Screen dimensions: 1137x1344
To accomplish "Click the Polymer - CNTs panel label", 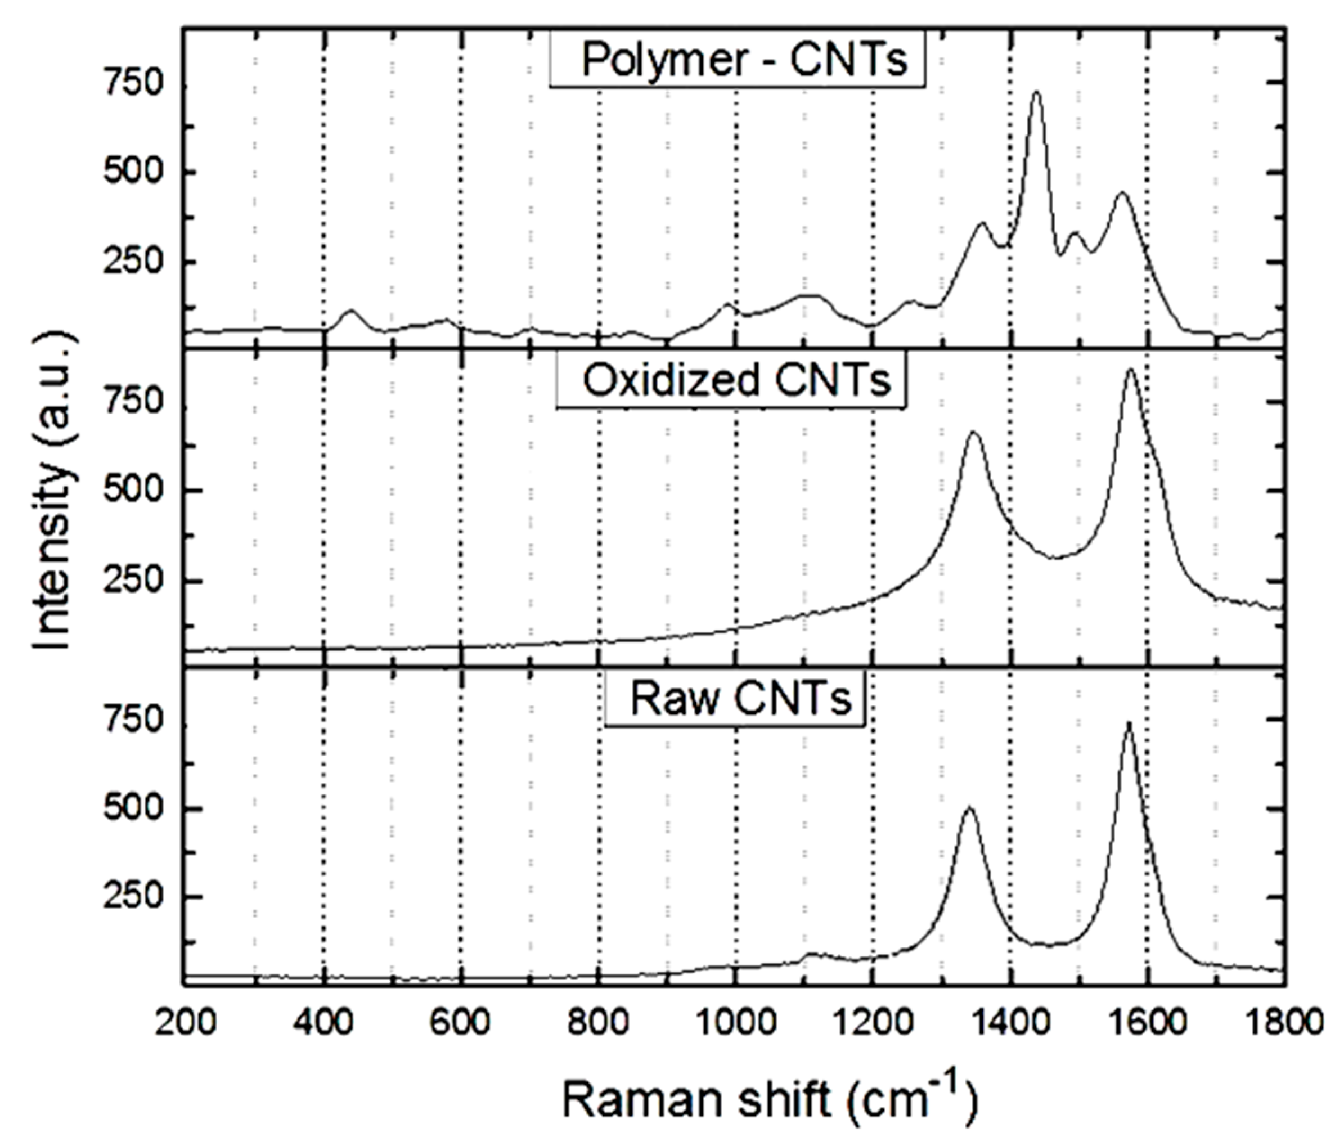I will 737,59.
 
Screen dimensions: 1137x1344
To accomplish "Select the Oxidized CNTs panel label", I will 730,380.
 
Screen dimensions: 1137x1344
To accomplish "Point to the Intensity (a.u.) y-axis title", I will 54,491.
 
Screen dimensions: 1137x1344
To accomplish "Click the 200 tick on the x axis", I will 186,1023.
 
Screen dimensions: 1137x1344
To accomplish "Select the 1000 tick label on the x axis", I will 736,1023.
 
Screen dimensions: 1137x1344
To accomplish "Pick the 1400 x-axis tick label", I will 1010,1023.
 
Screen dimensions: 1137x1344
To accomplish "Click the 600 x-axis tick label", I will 461,1023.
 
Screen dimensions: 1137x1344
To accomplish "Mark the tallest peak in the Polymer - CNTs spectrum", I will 1036,93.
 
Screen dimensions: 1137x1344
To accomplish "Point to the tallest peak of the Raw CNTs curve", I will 1128,722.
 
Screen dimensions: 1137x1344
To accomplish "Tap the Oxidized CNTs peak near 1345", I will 973,433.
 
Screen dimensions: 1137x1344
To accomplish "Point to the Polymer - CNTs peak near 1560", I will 1122,193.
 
